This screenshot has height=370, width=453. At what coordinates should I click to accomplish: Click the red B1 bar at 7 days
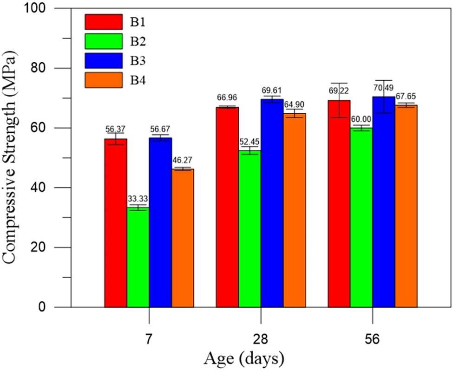[116, 223]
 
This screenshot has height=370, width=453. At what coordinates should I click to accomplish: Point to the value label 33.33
[138, 199]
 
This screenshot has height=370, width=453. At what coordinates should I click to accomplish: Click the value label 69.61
[272, 91]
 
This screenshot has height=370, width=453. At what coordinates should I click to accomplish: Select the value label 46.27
[183, 161]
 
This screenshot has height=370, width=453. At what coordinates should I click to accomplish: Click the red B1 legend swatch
[103, 21]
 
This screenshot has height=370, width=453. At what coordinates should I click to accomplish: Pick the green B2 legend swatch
[103, 41]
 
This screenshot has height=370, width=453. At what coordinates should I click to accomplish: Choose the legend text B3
[138, 60]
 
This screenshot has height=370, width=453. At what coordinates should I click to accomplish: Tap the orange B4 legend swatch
[103, 80]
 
